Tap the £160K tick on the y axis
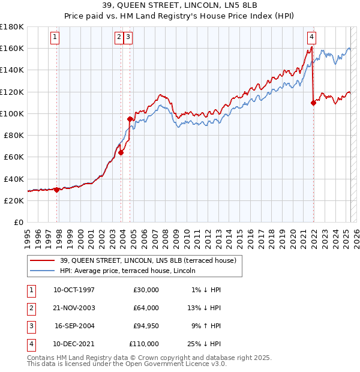click(x=13, y=48)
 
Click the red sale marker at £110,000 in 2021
click(x=313, y=103)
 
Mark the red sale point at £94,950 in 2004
click(x=130, y=119)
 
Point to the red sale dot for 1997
click(x=56, y=190)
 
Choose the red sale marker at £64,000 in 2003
click(x=121, y=152)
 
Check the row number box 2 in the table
click(x=30, y=308)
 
